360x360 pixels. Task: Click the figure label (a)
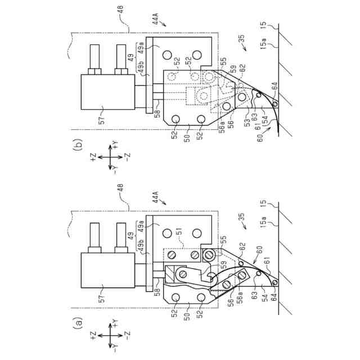pos(78,323)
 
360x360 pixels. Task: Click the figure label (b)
pos(78,146)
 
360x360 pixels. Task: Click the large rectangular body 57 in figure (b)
pos(107,92)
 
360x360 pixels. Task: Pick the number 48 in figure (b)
pos(121,11)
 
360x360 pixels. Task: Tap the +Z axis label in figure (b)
pos(93,157)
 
